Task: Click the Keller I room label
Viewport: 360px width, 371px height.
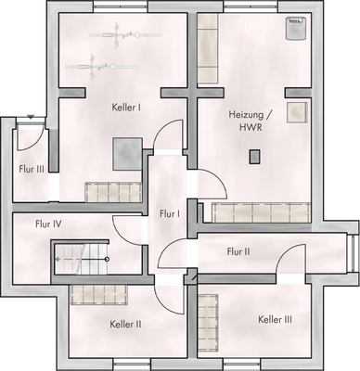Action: (126, 107)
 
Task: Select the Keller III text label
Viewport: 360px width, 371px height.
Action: (275, 319)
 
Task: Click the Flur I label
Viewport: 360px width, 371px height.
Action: (169, 213)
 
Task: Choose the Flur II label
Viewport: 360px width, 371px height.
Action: (238, 250)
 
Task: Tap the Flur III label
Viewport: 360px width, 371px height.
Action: (32, 169)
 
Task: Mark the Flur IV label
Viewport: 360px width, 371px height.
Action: (48, 224)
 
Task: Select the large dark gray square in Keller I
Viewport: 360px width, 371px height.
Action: (127, 153)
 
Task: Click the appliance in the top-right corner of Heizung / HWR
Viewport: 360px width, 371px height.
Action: (295, 29)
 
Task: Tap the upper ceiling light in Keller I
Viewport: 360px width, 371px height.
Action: (114, 37)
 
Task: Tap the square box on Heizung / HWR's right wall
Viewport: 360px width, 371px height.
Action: (297, 113)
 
